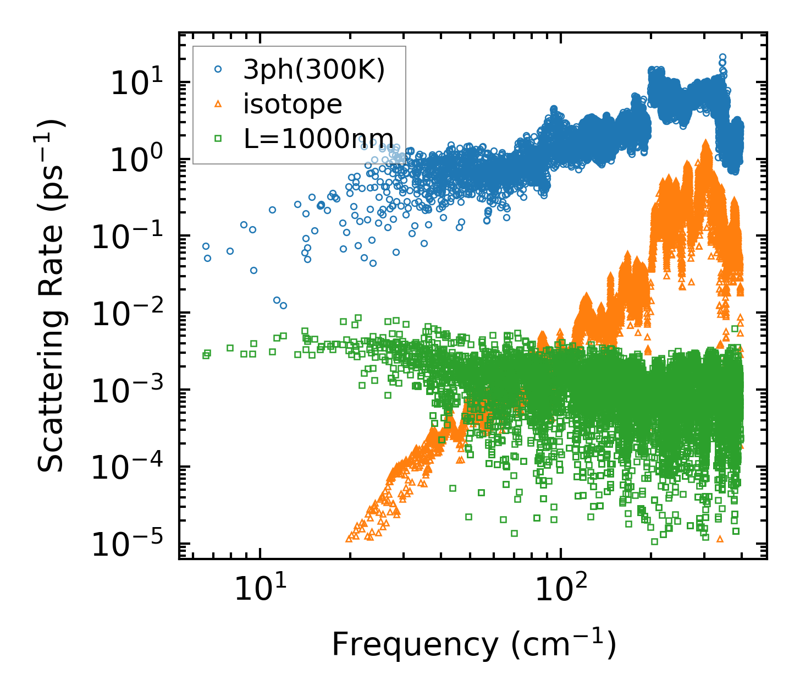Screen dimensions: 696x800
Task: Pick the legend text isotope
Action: point(293,105)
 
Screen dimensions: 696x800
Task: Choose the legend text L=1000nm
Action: point(318,139)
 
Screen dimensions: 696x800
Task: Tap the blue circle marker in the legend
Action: point(218,69)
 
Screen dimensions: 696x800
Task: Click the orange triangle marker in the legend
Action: point(218,104)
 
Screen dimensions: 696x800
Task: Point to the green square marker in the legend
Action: point(218,139)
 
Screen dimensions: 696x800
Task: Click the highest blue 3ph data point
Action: point(722,57)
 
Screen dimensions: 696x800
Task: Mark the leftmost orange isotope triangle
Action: point(349,539)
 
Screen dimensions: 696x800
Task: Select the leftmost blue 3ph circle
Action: point(206,246)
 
